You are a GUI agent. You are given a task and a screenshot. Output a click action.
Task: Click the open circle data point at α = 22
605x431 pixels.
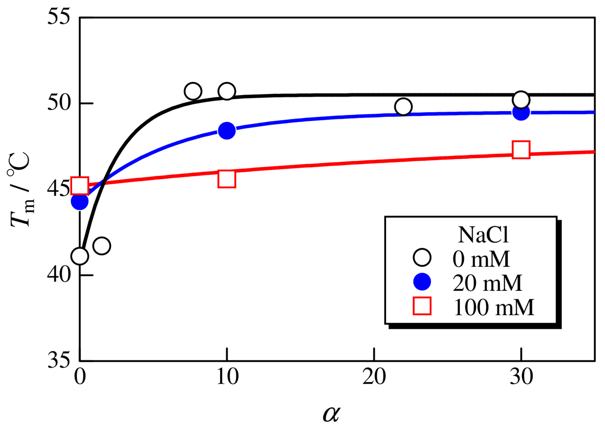point(403,106)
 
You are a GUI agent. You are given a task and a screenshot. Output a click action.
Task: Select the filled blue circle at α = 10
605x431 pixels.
point(227,130)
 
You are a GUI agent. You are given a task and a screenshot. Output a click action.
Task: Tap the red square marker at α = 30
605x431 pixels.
point(521,150)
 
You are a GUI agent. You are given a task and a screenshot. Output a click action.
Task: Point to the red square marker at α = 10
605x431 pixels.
point(227,179)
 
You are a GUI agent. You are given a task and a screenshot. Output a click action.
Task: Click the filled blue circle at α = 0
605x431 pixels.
point(79,201)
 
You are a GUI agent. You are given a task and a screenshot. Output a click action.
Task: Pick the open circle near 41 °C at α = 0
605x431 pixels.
point(79,256)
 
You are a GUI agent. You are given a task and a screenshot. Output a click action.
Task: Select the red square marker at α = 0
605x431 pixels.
point(79,185)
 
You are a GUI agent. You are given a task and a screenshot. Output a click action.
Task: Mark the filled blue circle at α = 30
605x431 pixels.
point(521,112)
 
